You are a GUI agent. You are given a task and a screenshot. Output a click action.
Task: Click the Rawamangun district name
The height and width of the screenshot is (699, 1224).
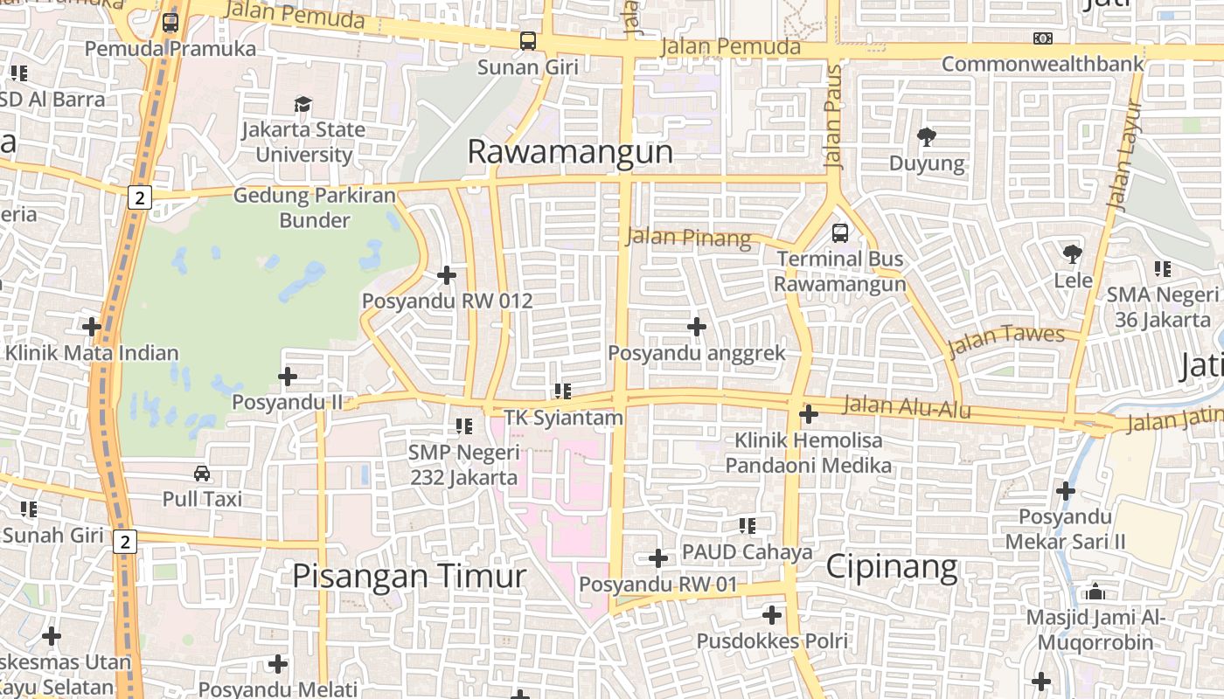(570, 152)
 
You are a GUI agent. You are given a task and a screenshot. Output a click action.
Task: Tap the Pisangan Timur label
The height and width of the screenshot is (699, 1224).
(409, 577)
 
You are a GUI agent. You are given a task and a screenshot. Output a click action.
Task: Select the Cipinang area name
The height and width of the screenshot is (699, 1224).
(892, 568)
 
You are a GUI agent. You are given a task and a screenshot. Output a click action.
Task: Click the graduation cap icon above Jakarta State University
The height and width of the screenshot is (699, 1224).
(303, 104)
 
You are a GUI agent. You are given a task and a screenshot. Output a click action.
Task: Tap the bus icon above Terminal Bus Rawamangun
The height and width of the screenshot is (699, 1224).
(839, 232)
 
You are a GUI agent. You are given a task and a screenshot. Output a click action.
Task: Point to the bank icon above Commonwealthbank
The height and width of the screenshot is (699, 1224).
(1042, 38)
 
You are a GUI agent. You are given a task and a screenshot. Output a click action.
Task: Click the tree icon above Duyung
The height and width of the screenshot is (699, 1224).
(927, 136)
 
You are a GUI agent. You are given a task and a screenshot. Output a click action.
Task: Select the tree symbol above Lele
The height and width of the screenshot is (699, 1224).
(1073, 254)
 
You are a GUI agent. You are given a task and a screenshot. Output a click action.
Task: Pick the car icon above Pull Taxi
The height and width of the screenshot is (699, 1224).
(202, 473)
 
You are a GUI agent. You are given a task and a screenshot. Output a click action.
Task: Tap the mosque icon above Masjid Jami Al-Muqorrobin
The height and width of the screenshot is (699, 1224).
(1095, 592)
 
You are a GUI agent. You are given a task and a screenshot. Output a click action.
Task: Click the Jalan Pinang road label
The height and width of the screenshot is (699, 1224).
(689, 237)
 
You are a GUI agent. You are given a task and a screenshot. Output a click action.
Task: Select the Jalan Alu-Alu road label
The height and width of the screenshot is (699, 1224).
(908, 407)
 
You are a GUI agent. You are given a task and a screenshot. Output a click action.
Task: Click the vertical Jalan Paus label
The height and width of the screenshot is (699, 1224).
(832, 116)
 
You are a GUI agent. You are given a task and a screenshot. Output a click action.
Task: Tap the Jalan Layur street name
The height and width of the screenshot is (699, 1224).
(1123, 155)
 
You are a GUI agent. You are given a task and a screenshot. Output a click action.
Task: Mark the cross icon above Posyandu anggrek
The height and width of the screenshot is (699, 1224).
(696, 327)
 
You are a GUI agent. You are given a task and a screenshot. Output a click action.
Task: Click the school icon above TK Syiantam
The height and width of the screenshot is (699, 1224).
(562, 391)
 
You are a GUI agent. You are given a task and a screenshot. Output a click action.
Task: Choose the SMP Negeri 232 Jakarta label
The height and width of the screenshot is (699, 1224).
(464, 465)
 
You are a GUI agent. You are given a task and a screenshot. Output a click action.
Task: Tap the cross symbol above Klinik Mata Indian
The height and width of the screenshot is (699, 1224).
(92, 327)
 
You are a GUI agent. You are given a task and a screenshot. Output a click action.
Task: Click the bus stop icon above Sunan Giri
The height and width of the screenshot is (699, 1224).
(527, 40)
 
